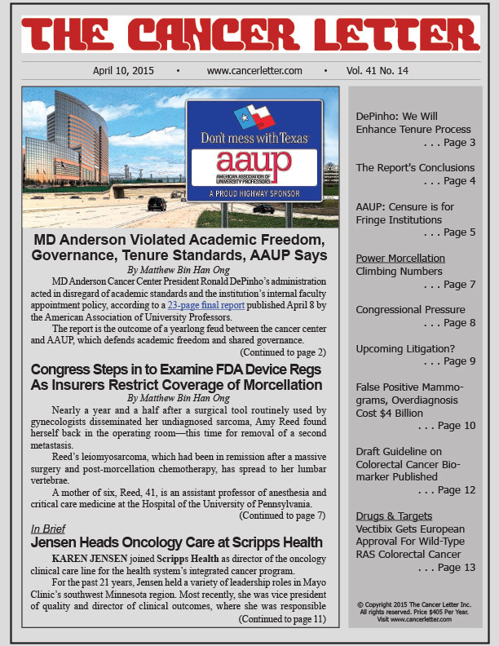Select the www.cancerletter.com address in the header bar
(254, 71)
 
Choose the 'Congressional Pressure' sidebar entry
(411, 310)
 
